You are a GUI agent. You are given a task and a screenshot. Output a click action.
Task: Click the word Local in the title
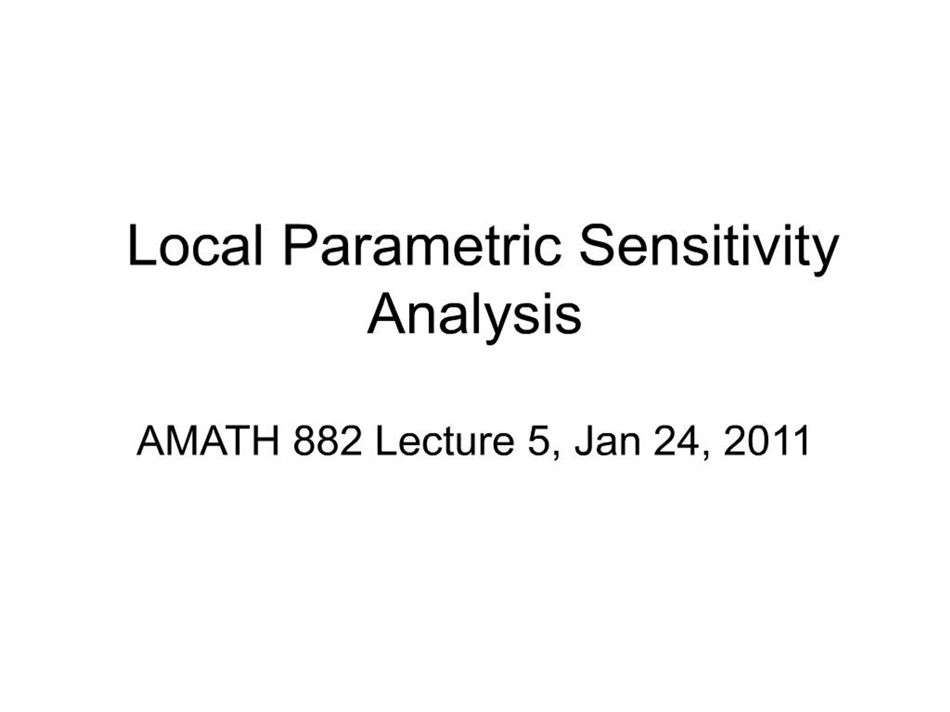click(x=194, y=245)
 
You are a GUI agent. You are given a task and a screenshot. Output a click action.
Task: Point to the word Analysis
click(x=475, y=316)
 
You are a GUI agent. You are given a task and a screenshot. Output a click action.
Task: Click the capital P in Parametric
click(x=301, y=245)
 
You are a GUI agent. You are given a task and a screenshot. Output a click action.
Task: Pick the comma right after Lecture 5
click(x=557, y=455)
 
